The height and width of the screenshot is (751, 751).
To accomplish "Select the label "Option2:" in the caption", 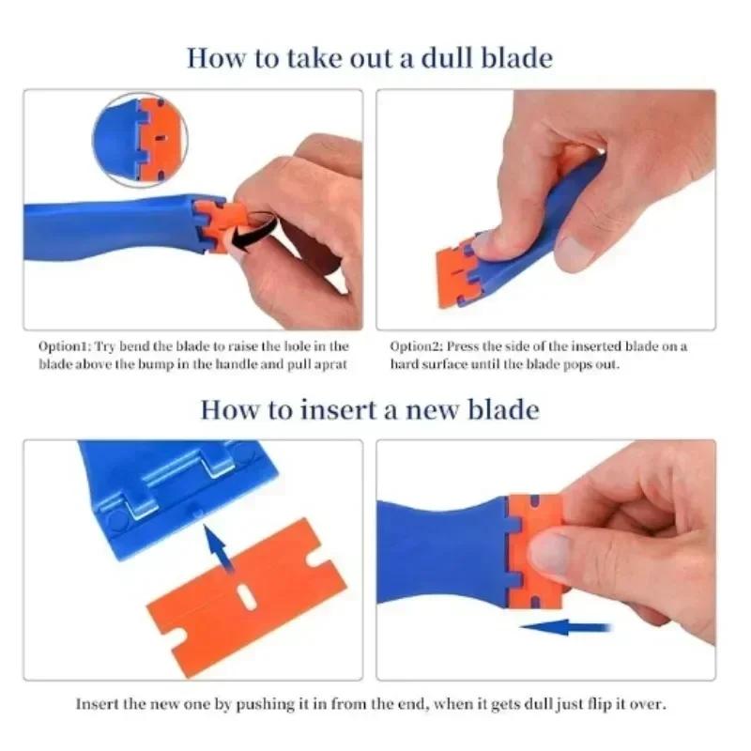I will pos(416,346).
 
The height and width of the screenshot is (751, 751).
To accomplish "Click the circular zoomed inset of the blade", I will pos(140,139).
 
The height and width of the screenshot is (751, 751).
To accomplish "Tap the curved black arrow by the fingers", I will pos(253,230).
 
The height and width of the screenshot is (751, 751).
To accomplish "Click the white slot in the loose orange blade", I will pos(246,597).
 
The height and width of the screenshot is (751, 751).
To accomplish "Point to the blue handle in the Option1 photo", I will pos(103,225).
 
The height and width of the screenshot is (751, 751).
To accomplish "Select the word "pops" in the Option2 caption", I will pos(574,364).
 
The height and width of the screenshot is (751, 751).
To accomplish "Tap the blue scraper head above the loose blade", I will pos(169,488).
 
